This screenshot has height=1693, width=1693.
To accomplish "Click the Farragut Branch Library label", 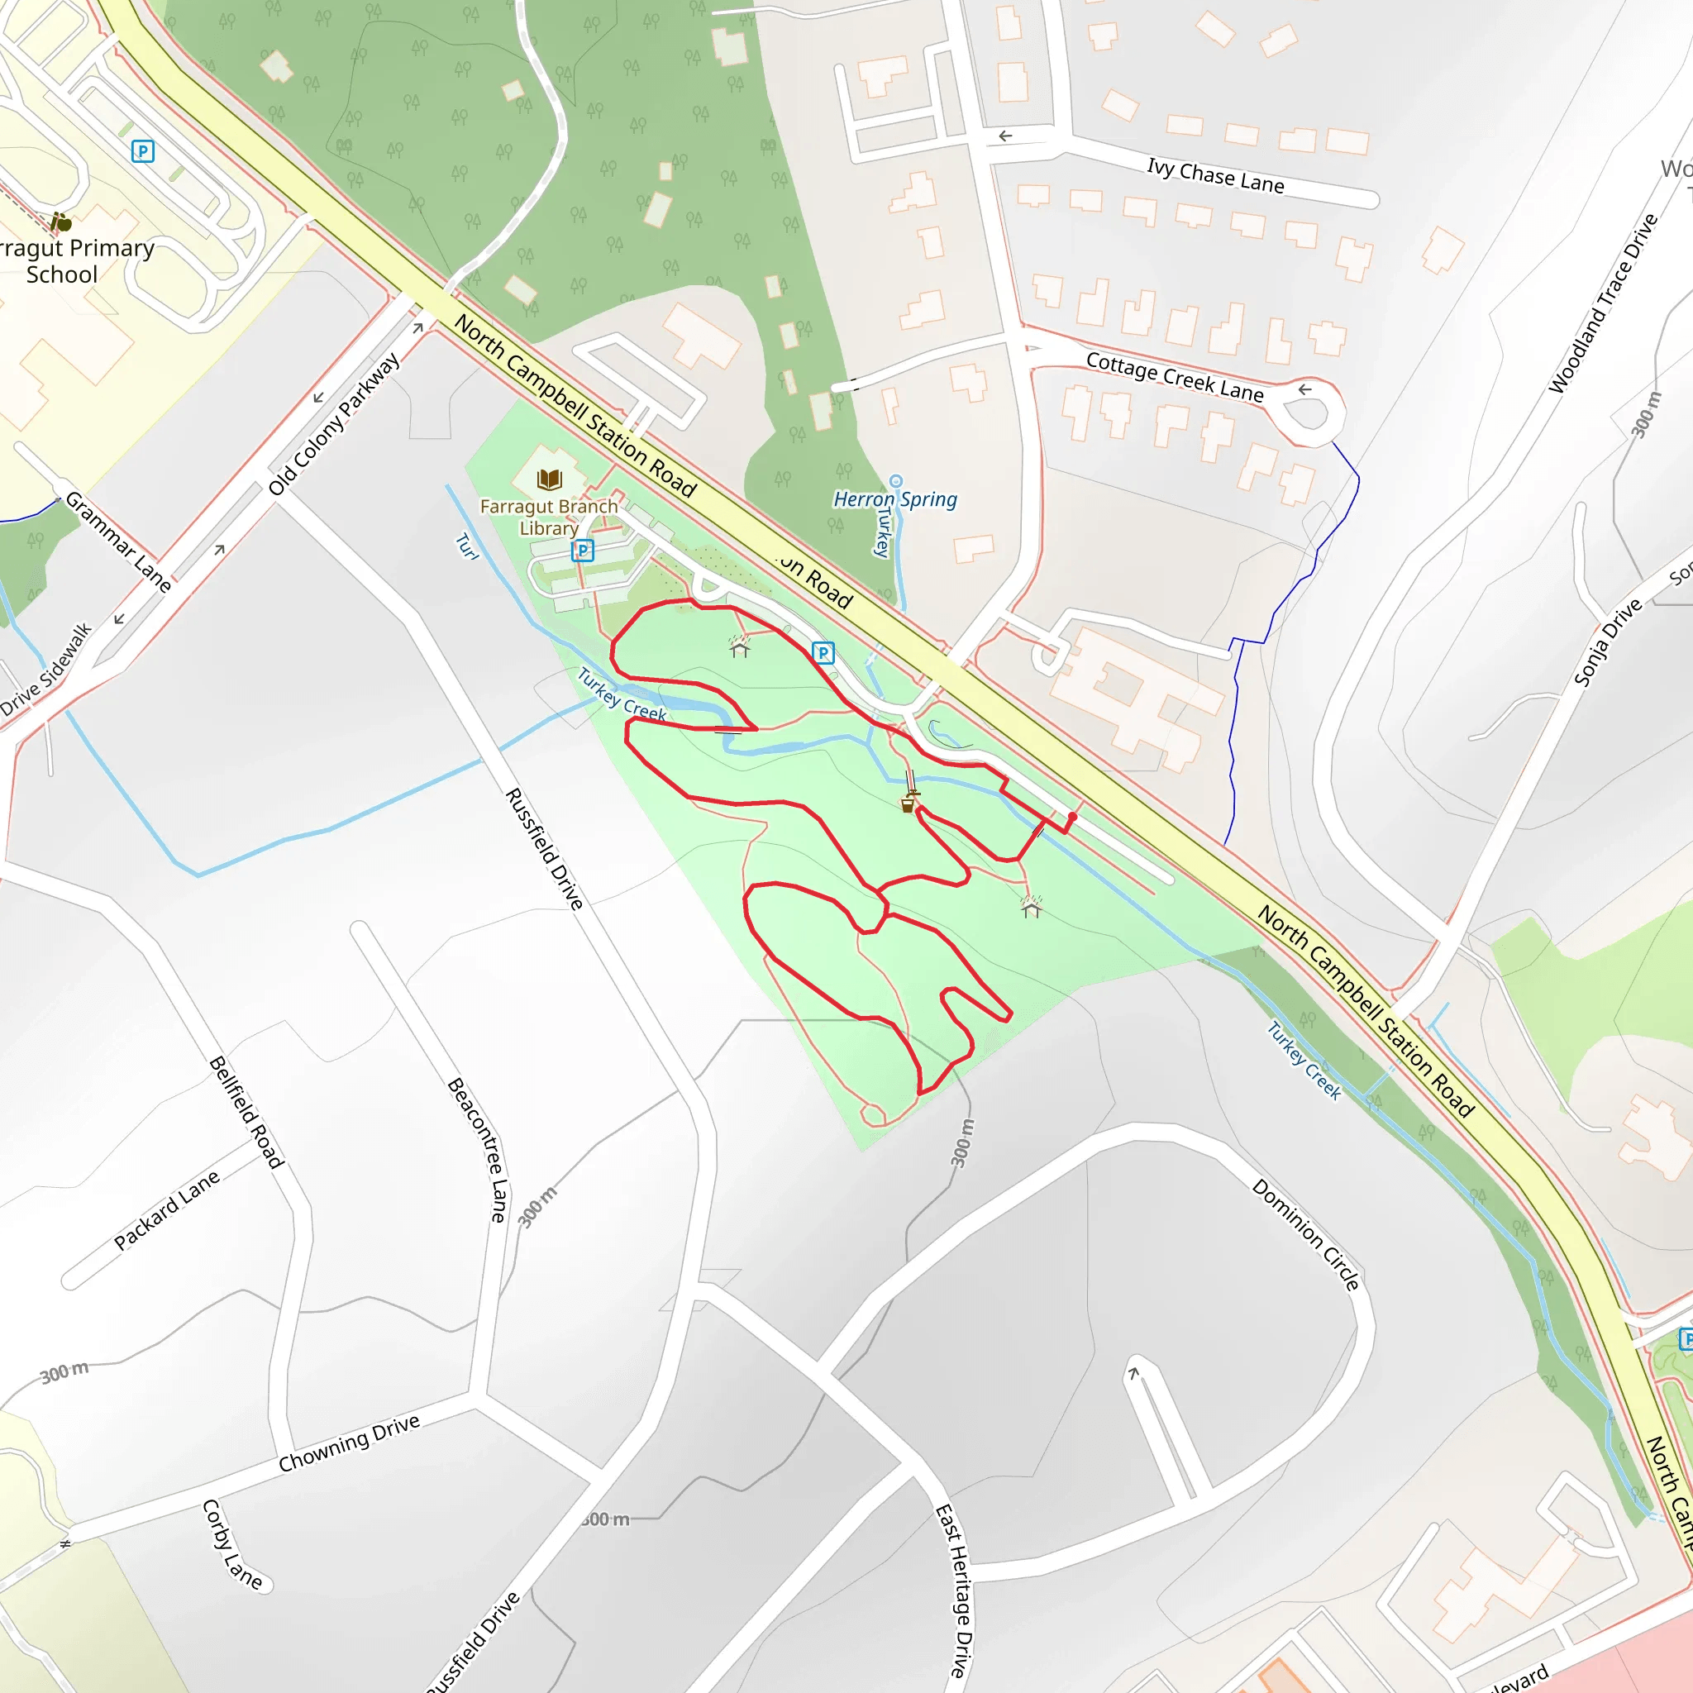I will [x=549, y=517].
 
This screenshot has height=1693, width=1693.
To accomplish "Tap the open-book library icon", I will [x=550, y=479].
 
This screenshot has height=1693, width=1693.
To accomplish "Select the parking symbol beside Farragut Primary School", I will [x=143, y=151].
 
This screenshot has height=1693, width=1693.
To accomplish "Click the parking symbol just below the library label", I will [x=583, y=551].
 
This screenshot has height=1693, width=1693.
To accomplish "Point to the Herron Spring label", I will [x=894, y=499].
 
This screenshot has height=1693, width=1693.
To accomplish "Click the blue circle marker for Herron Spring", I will [x=895, y=480].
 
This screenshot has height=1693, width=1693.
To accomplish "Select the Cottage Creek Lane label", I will [x=1174, y=377].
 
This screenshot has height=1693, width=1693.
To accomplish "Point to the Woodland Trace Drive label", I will [x=1603, y=303].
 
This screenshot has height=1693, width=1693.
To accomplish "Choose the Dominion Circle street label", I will [x=1305, y=1235].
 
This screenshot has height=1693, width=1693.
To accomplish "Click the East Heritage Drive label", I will [x=954, y=1590].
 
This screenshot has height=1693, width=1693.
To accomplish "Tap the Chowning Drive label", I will [x=349, y=1443].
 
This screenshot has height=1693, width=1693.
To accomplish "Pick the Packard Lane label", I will [x=166, y=1210].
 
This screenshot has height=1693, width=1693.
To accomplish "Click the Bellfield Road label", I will [x=246, y=1112].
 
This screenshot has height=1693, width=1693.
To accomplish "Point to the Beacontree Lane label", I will [x=478, y=1149].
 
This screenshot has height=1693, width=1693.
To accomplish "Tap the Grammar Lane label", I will [x=118, y=541].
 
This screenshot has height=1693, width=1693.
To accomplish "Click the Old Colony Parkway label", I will [x=334, y=423].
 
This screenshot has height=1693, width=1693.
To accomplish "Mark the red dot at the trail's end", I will [x=1071, y=816].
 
